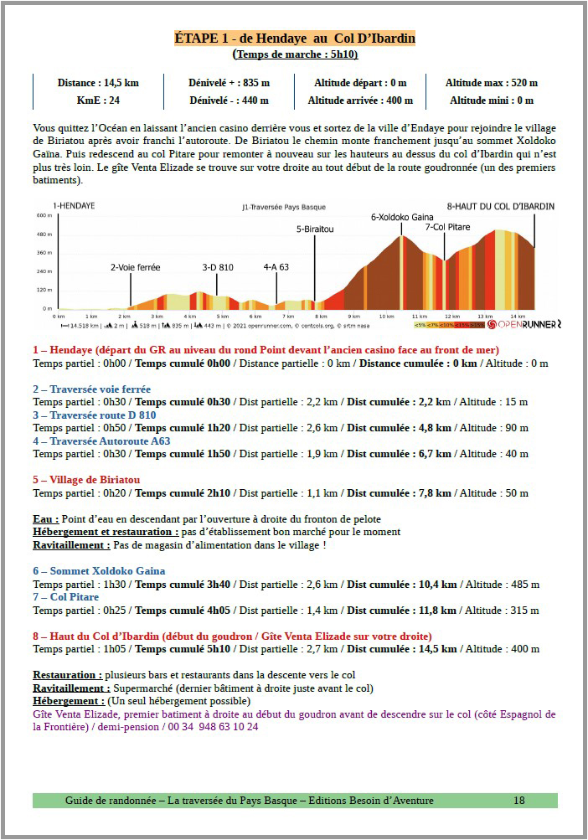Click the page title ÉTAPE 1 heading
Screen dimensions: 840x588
coord(294,39)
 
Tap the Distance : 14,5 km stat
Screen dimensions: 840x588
coord(98,83)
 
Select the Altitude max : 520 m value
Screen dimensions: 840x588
coord(491,83)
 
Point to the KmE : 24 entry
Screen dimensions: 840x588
coord(98,100)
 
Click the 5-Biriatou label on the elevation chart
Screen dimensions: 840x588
coord(315,229)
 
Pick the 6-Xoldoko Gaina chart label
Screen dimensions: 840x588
coord(402,217)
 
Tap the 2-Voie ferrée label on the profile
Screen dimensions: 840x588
coord(135,267)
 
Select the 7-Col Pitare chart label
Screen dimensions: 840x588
coord(447,227)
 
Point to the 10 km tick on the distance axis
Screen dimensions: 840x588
coord(386,317)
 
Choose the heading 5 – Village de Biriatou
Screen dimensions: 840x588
coord(86,480)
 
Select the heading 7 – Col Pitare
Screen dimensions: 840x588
coord(65,597)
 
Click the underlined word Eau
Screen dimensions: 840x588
coord(46,519)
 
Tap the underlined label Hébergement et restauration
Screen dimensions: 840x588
coord(105,532)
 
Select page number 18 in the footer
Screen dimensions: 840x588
coord(519,801)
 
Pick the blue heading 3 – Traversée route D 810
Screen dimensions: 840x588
coord(94,415)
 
